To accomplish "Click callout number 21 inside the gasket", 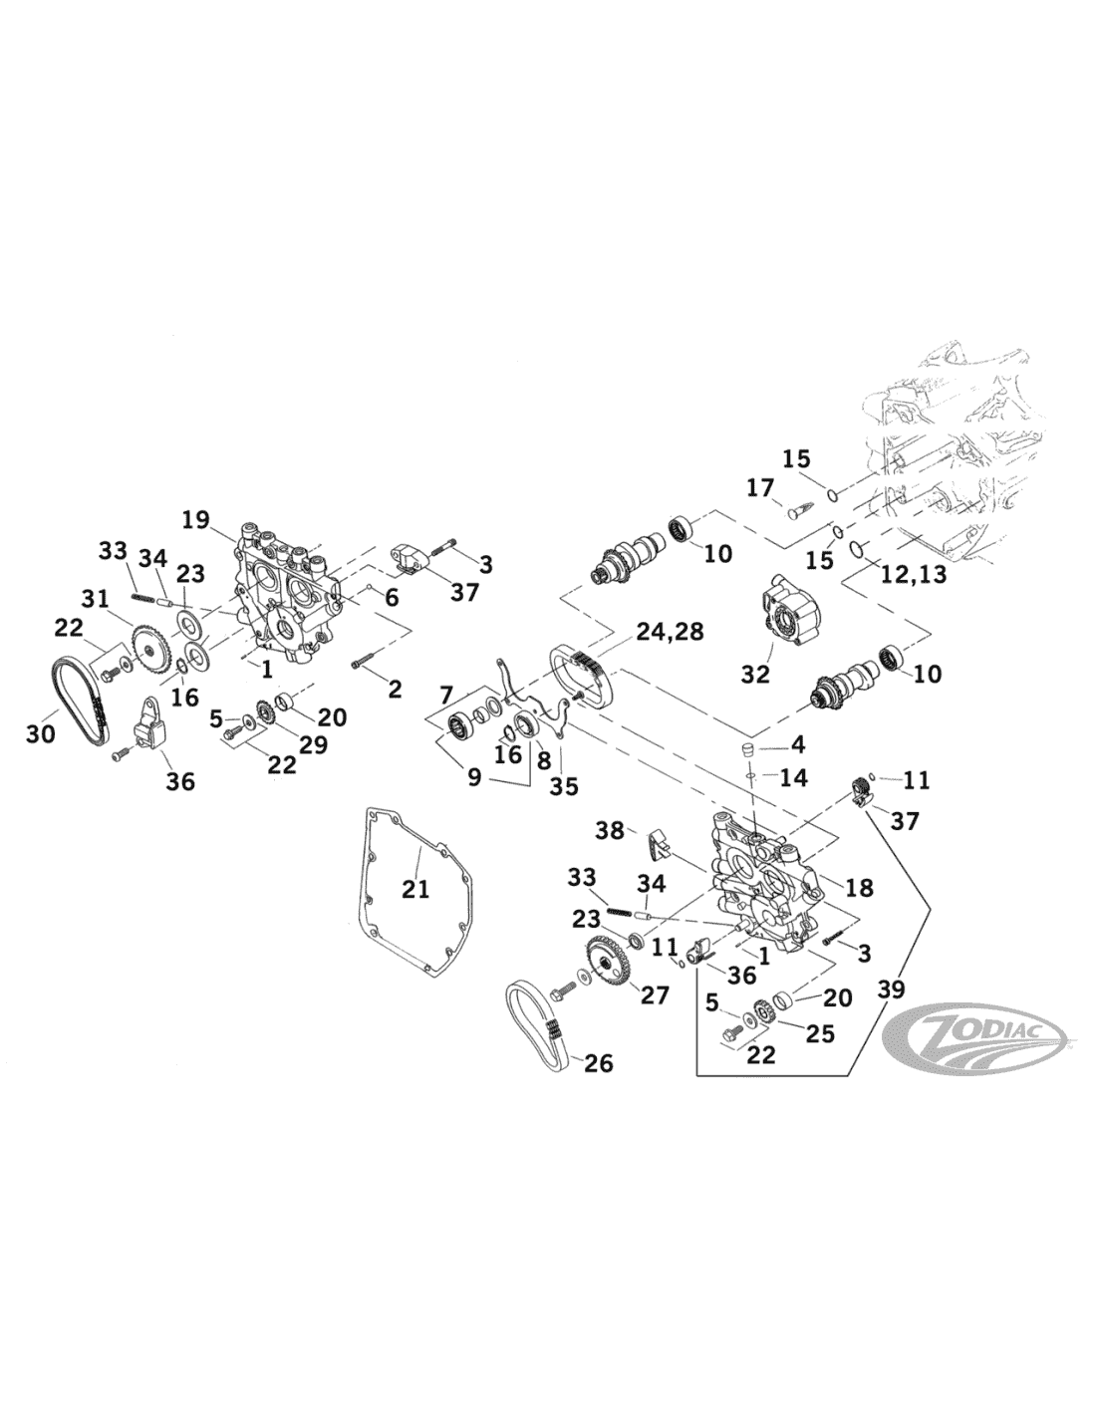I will [415, 888].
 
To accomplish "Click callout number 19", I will [196, 518].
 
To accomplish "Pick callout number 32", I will [755, 674].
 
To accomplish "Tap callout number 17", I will [759, 488].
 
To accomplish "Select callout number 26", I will [598, 1063].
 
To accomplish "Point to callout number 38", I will [610, 829].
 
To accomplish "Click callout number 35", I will [563, 786].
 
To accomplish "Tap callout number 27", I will [655, 994].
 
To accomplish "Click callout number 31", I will [95, 599].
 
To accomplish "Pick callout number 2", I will [395, 688].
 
